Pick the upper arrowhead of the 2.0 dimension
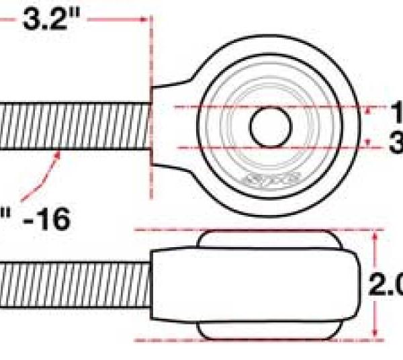[x=375, y=235]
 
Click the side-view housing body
[x=255, y=285]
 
